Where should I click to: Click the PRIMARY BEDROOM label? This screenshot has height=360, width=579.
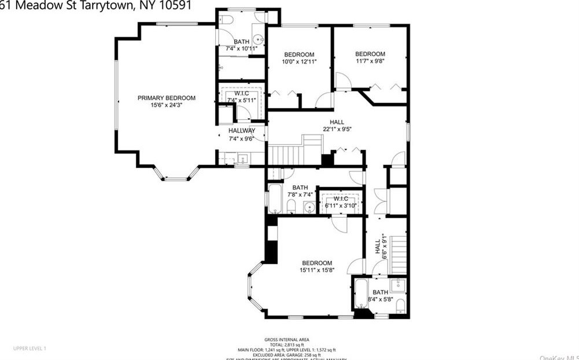(x=166, y=98)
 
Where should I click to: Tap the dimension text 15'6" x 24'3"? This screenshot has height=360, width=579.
(x=166, y=105)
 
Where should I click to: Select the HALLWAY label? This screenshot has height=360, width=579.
(x=241, y=131)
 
